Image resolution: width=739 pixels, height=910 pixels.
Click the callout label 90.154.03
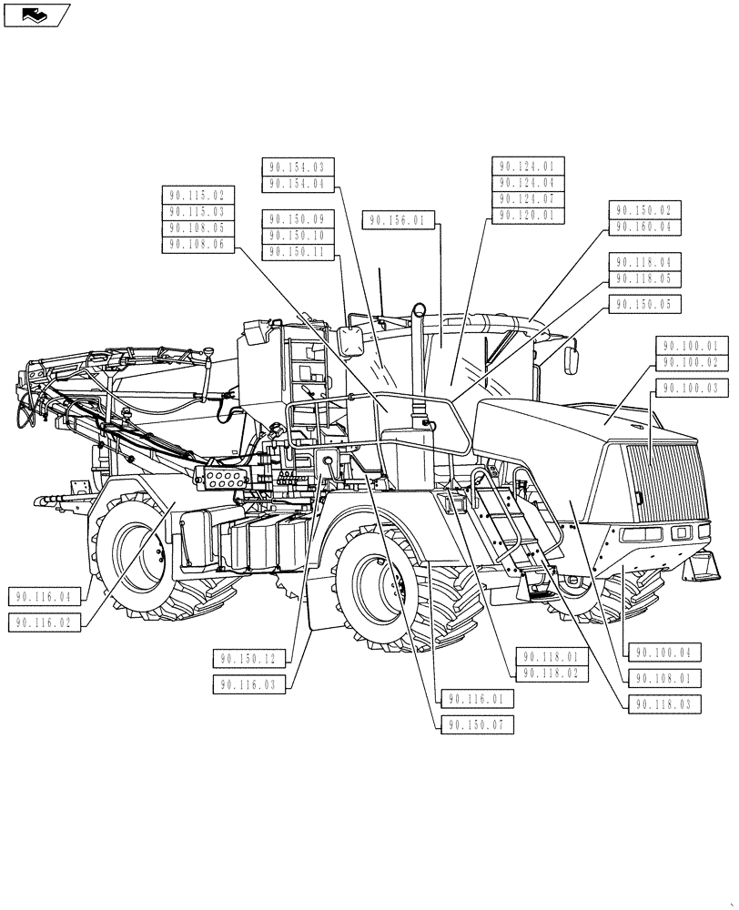point(298,167)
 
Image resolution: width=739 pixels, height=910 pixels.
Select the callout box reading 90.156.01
point(398,219)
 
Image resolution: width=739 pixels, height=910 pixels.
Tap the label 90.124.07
point(528,199)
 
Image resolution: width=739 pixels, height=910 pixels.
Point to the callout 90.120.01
point(528,216)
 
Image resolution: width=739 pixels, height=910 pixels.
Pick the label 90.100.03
point(691,388)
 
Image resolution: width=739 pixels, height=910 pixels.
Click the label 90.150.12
point(250,657)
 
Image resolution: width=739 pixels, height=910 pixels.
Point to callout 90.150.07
point(477,724)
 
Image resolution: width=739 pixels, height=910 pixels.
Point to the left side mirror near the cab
point(350,341)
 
